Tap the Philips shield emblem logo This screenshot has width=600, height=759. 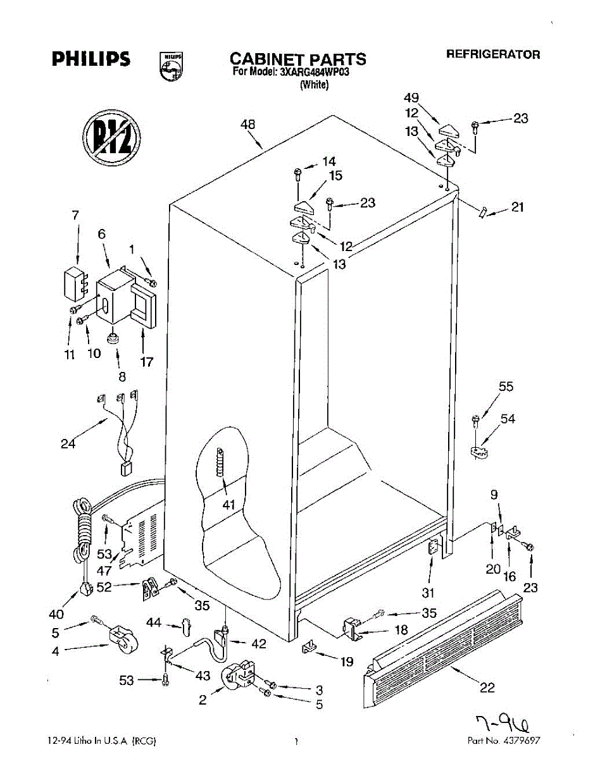tap(172, 66)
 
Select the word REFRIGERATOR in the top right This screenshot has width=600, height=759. tap(493, 54)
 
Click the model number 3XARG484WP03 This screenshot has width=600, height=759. tap(313, 72)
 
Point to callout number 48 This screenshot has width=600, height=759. tap(247, 125)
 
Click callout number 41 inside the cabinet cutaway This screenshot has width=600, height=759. tap(228, 505)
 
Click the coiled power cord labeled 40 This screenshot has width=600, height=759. tap(81, 531)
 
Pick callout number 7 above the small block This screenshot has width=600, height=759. tap(75, 215)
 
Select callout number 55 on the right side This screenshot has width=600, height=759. tap(506, 386)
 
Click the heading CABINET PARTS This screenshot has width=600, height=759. tap(297, 59)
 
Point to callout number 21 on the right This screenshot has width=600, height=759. tap(518, 207)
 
